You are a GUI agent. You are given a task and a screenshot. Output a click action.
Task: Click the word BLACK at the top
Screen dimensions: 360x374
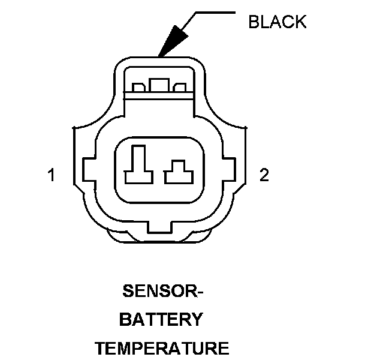pyautogui.click(x=277, y=22)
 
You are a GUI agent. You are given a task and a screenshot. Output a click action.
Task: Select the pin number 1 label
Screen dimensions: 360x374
pyautogui.click(x=52, y=175)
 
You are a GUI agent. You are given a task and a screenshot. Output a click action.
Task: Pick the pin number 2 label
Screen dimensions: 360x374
pyautogui.click(x=264, y=175)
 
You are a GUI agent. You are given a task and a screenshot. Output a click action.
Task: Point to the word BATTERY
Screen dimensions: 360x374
pyautogui.click(x=161, y=320)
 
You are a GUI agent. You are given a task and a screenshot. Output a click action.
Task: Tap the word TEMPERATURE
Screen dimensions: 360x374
pyautogui.click(x=162, y=348)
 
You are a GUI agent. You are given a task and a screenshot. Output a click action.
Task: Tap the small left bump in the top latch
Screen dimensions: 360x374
pyautogui.click(x=138, y=89)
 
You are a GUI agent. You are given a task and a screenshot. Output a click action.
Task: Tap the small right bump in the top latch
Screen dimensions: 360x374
pyautogui.click(x=179, y=89)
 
